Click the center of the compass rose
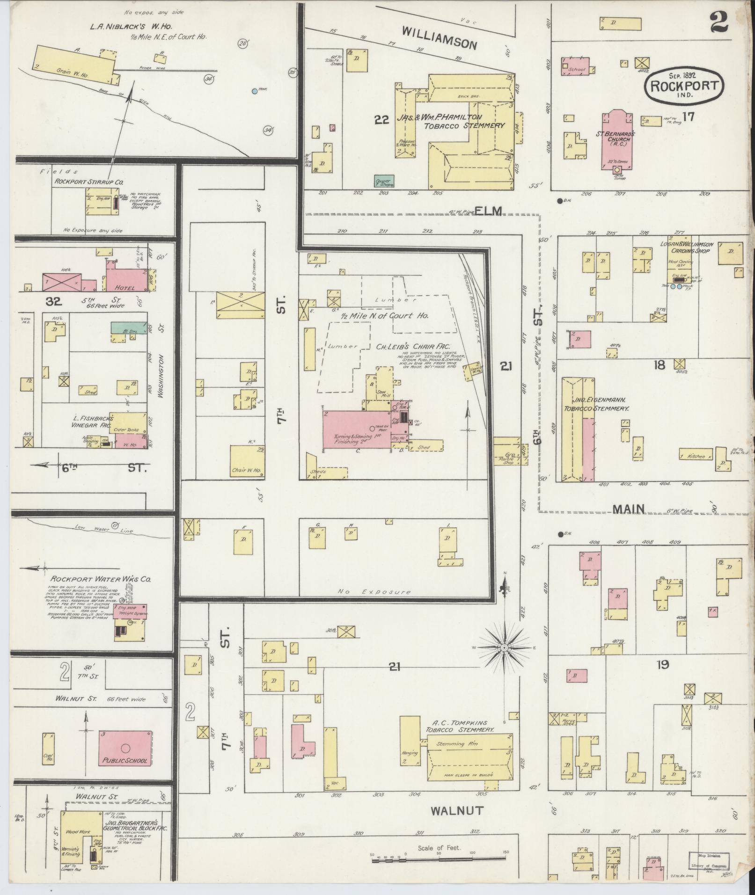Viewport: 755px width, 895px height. (505, 648)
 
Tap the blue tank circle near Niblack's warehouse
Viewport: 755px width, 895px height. (254, 91)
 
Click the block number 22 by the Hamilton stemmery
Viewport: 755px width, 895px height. (382, 120)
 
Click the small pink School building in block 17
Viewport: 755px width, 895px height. (576, 66)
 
